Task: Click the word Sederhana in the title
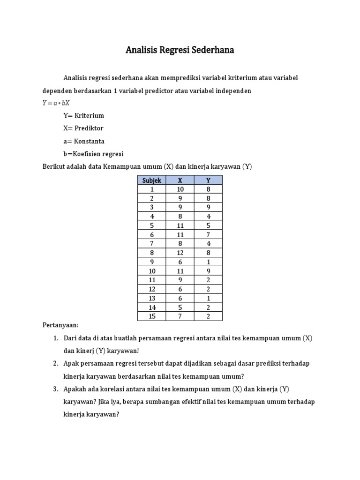tap(212, 50)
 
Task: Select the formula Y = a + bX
tap(56, 103)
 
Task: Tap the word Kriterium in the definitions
tap(89, 116)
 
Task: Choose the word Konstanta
tap(90, 141)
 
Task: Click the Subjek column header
tap(152, 180)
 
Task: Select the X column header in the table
tap(180, 180)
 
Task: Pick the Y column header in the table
tap(208, 180)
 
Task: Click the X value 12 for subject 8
tap(180, 252)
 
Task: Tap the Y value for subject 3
tap(208, 207)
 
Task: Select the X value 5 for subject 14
tap(180, 307)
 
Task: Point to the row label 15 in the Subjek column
tap(152, 316)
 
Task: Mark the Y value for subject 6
tap(208, 234)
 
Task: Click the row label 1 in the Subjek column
tap(152, 189)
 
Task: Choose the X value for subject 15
tap(180, 316)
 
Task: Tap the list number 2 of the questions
tap(55, 363)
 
